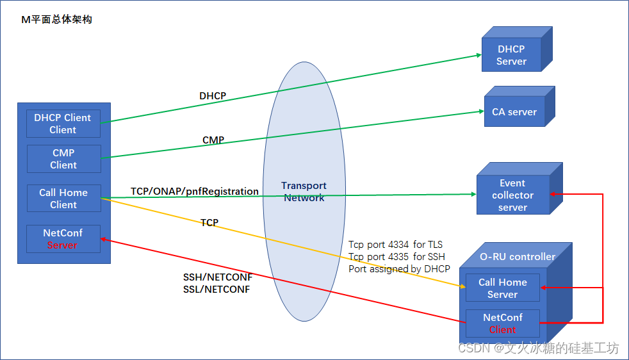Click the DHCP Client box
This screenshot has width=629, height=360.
click(x=63, y=124)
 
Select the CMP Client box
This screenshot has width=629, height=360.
click(x=63, y=159)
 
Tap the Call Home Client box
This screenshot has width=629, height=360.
click(x=63, y=199)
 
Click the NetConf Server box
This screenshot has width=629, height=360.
click(x=63, y=238)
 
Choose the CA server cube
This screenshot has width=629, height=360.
click(x=514, y=112)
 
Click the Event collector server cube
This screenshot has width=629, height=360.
click(x=512, y=195)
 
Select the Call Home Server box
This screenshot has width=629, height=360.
click(x=502, y=288)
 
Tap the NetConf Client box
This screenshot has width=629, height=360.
click(x=502, y=323)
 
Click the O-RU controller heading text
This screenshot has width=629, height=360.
click(x=518, y=257)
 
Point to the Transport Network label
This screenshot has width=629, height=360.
click(x=304, y=192)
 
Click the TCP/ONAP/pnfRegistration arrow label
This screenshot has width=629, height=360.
click(x=195, y=192)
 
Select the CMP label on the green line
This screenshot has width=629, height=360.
click(x=213, y=140)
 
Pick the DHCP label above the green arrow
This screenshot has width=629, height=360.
click(x=213, y=96)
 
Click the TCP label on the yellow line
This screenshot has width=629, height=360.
click(x=209, y=223)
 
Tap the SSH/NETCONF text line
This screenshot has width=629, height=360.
click(x=218, y=278)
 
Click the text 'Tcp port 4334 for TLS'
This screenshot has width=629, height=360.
click(x=395, y=245)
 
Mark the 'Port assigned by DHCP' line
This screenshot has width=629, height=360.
click(x=399, y=269)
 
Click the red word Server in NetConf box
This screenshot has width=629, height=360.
click(x=63, y=245)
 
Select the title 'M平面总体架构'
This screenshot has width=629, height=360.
click(x=57, y=20)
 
